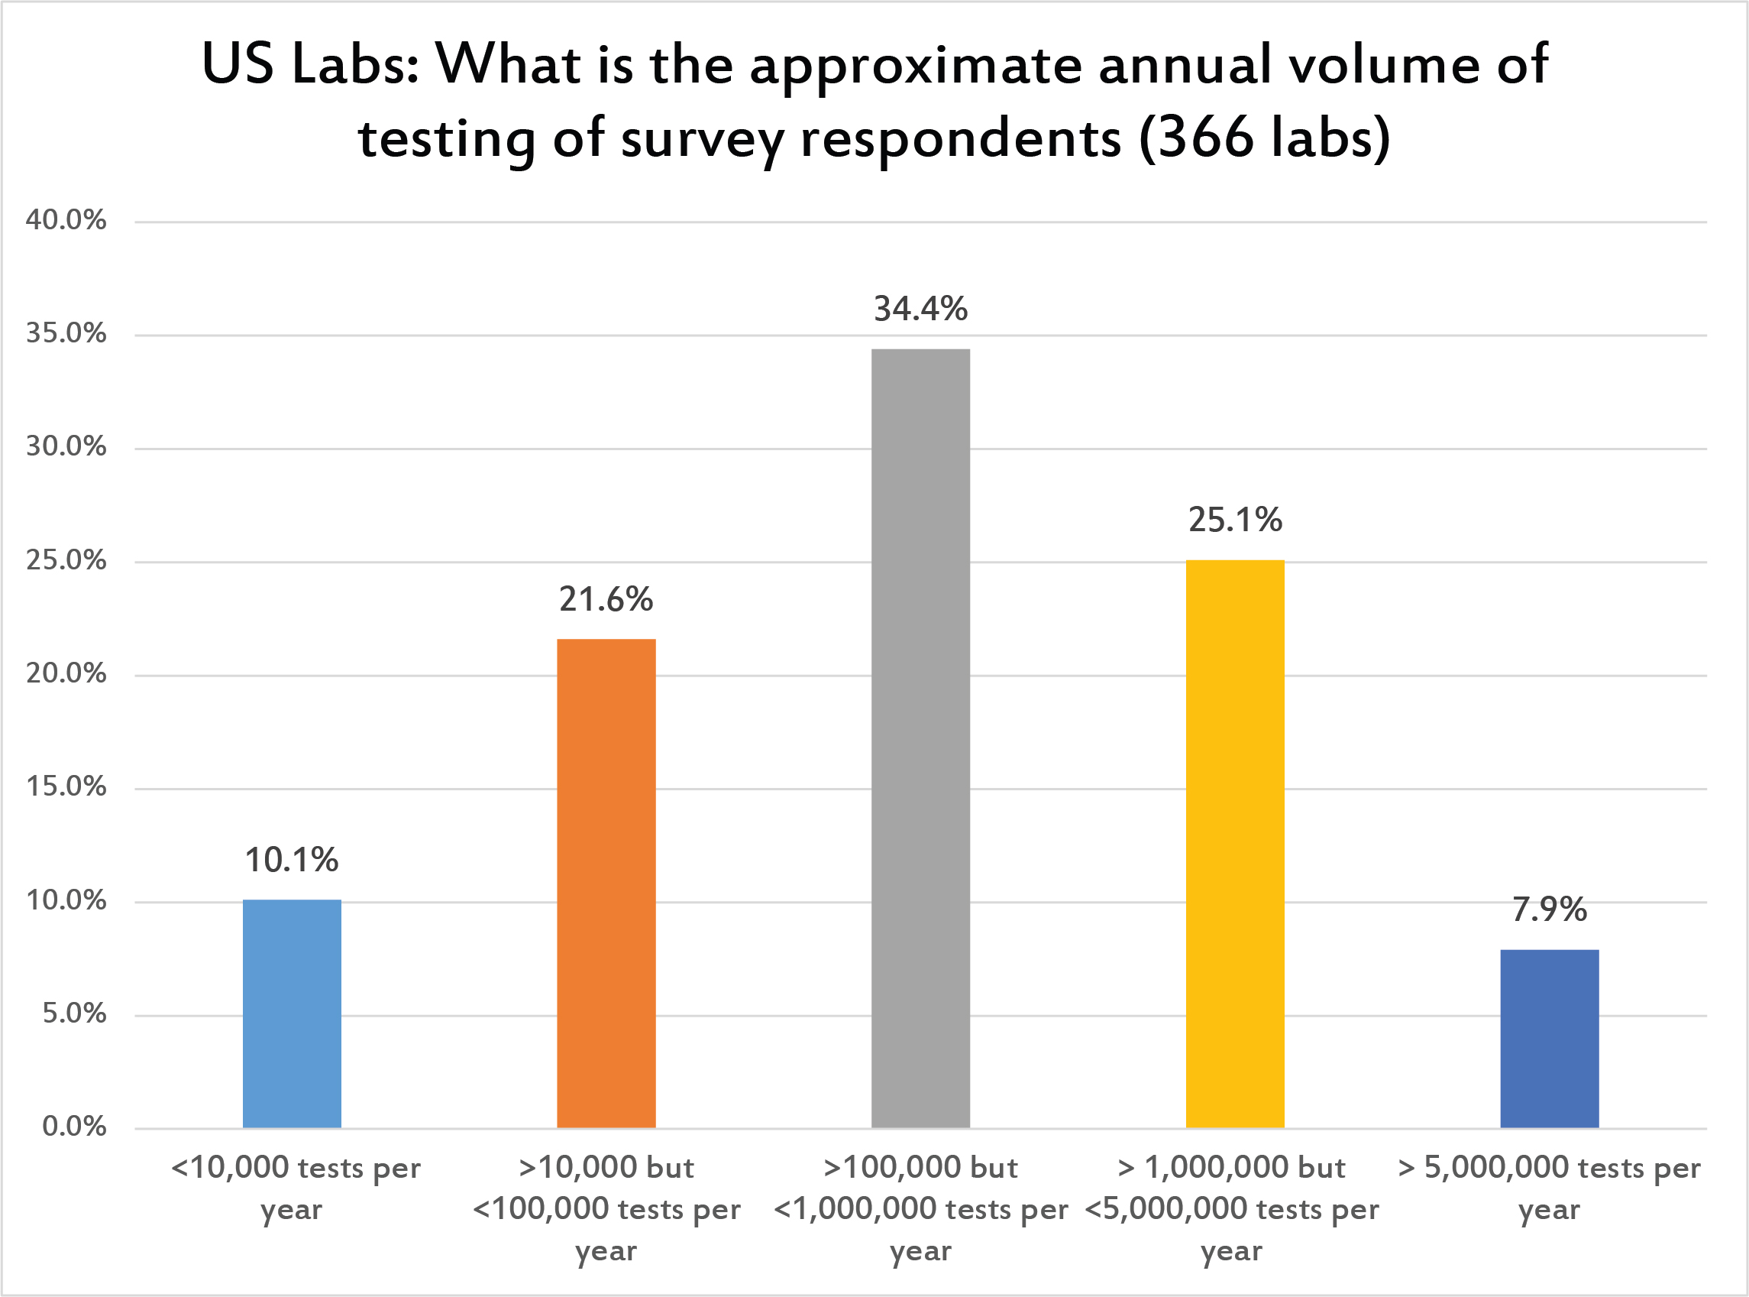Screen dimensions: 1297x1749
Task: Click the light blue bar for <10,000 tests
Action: pos(292,1013)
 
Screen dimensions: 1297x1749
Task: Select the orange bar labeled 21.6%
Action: pos(606,884)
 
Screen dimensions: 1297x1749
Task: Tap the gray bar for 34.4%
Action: pos(920,738)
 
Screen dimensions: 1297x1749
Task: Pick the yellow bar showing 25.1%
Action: pos(1235,844)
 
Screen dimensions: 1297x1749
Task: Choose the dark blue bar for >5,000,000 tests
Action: pos(1550,1039)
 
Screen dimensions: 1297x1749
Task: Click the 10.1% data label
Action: pos(292,861)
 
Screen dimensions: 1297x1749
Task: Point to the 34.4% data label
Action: pos(920,310)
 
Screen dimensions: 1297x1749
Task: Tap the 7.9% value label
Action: pos(1550,910)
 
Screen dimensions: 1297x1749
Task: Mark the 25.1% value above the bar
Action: pos(1235,520)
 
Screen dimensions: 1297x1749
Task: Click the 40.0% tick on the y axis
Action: pos(66,220)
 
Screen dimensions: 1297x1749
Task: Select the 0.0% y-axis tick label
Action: pos(74,1127)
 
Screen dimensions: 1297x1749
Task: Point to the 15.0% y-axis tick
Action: pos(66,786)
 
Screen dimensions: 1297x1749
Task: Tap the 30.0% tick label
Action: pos(66,446)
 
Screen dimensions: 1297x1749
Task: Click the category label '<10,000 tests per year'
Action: pos(295,1188)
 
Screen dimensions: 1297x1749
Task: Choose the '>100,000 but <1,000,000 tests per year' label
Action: pos(920,1208)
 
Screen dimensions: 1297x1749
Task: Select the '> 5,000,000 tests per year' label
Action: pos(1550,1188)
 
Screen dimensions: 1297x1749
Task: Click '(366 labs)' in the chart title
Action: pos(1265,138)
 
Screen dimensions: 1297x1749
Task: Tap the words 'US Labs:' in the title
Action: pos(309,64)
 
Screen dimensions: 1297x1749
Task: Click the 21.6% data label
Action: pos(606,600)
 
